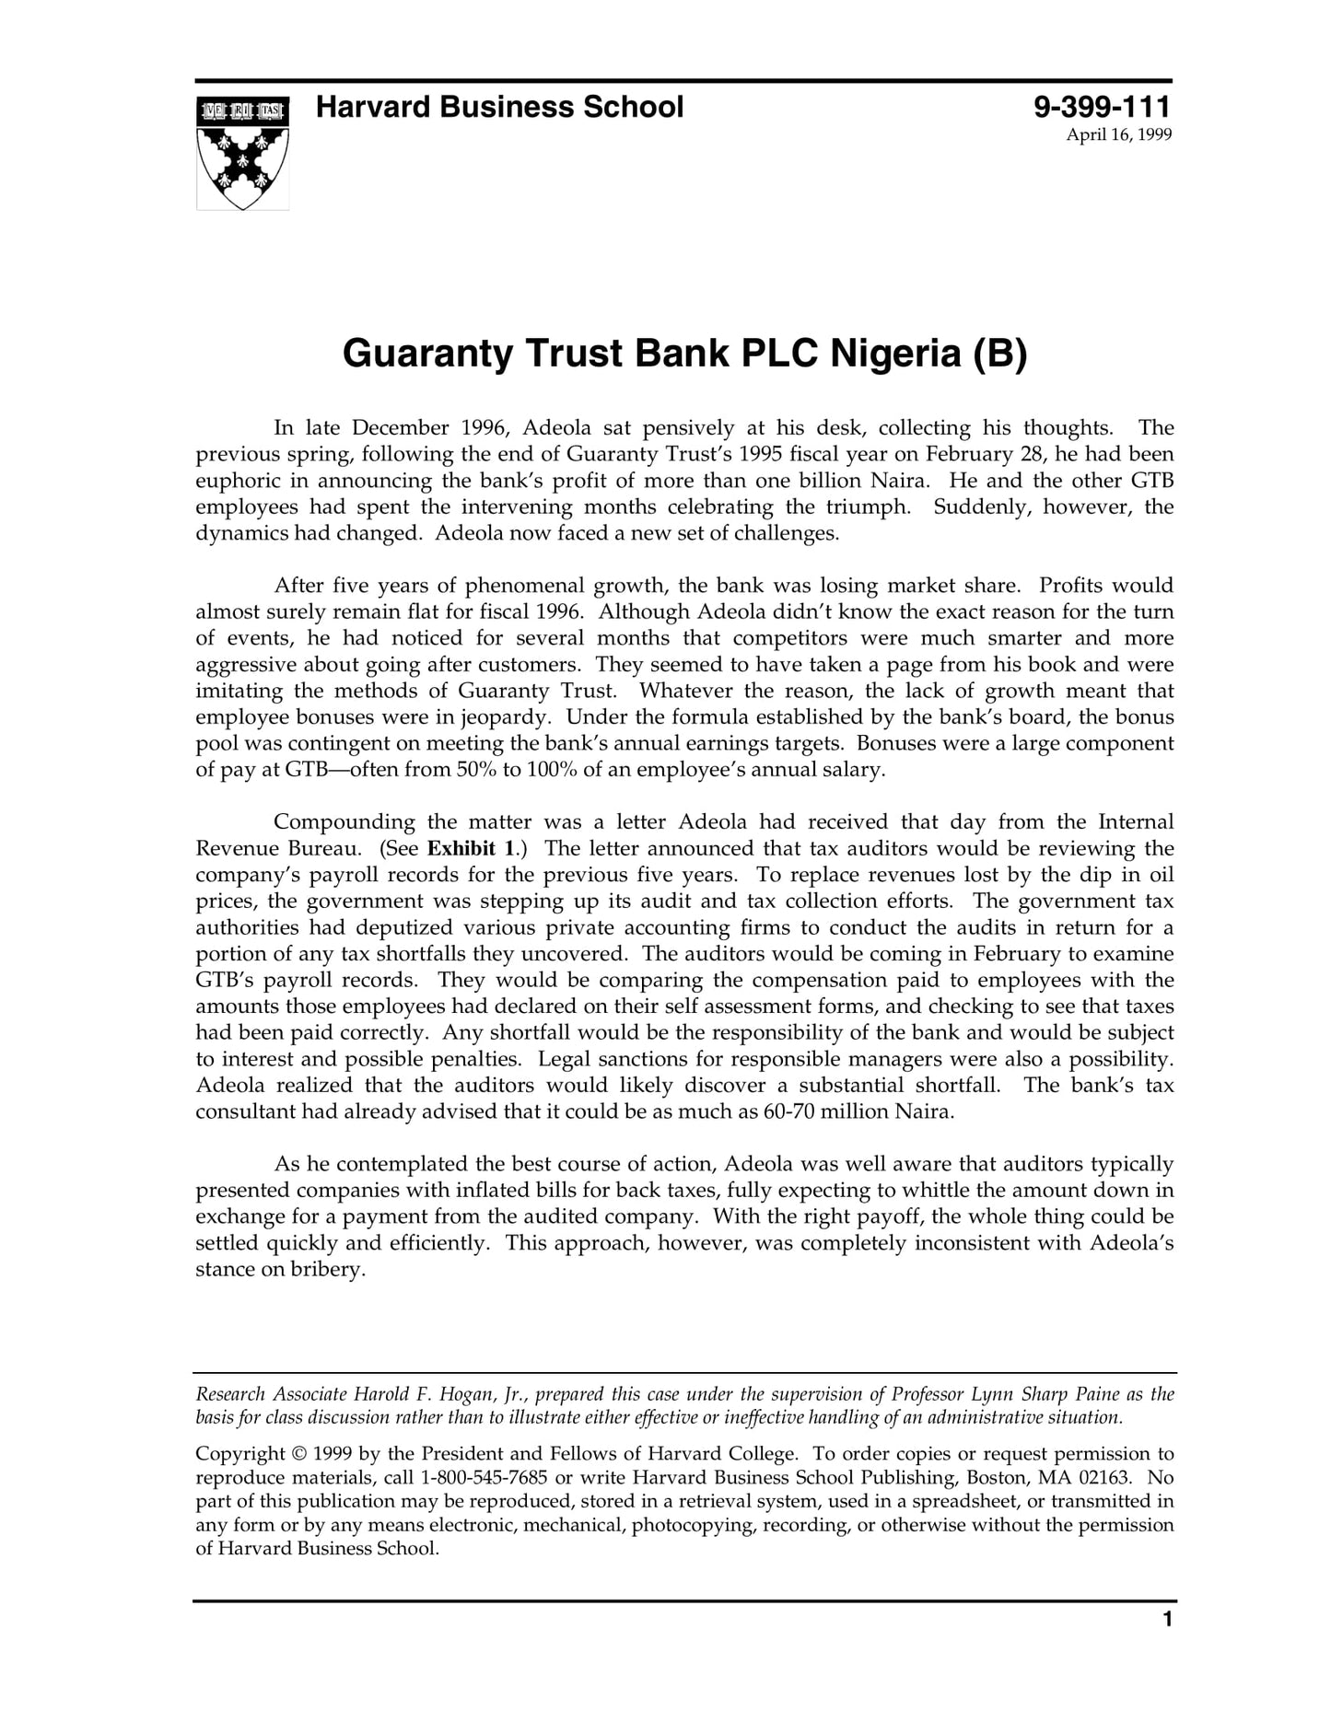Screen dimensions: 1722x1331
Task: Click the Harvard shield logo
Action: click(x=242, y=153)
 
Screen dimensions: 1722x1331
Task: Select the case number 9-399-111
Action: click(x=1102, y=108)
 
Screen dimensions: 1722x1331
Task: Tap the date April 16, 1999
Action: click(x=1118, y=135)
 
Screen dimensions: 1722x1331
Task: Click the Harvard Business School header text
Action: click(x=499, y=108)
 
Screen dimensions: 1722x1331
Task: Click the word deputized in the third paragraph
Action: click(x=403, y=927)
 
